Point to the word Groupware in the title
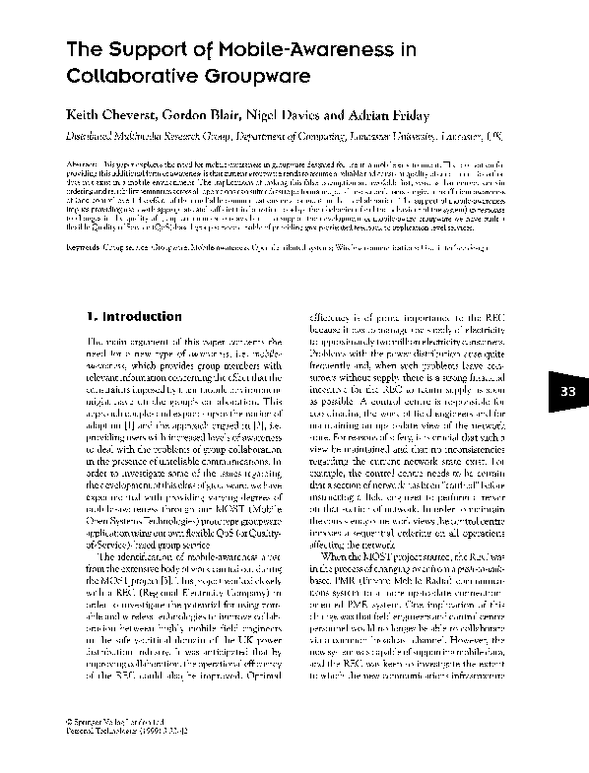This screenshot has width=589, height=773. click(x=268, y=76)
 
